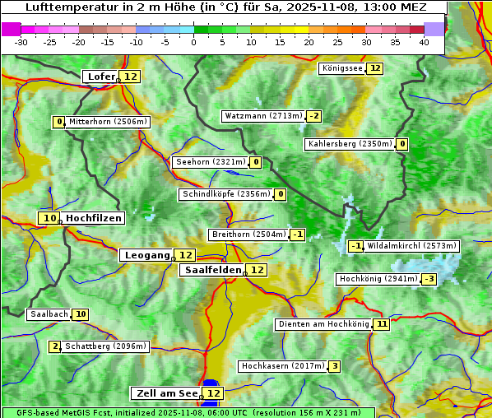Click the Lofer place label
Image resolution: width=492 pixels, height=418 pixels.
[100, 77]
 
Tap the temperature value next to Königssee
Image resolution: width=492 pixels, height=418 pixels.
[375, 68]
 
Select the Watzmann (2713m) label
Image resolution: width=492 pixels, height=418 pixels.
[263, 116]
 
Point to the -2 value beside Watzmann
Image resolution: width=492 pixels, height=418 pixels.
[314, 116]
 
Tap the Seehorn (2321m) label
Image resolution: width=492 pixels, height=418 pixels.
[211, 162]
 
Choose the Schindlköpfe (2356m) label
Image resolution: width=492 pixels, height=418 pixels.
[225, 194]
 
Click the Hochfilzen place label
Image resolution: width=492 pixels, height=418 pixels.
[94, 218]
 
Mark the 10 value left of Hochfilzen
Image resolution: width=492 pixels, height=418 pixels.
[49, 218]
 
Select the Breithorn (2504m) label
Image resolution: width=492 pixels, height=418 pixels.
[248, 235]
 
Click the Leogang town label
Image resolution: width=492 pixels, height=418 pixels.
[146, 255]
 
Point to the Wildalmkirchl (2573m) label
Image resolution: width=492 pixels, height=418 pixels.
[411, 245]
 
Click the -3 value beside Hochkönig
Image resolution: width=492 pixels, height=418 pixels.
[429, 279]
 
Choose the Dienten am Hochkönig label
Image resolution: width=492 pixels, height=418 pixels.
[323, 324]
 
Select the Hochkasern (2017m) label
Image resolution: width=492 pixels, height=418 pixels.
[282, 365]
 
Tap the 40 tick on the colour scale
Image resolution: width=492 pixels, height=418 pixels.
[424, 42]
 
